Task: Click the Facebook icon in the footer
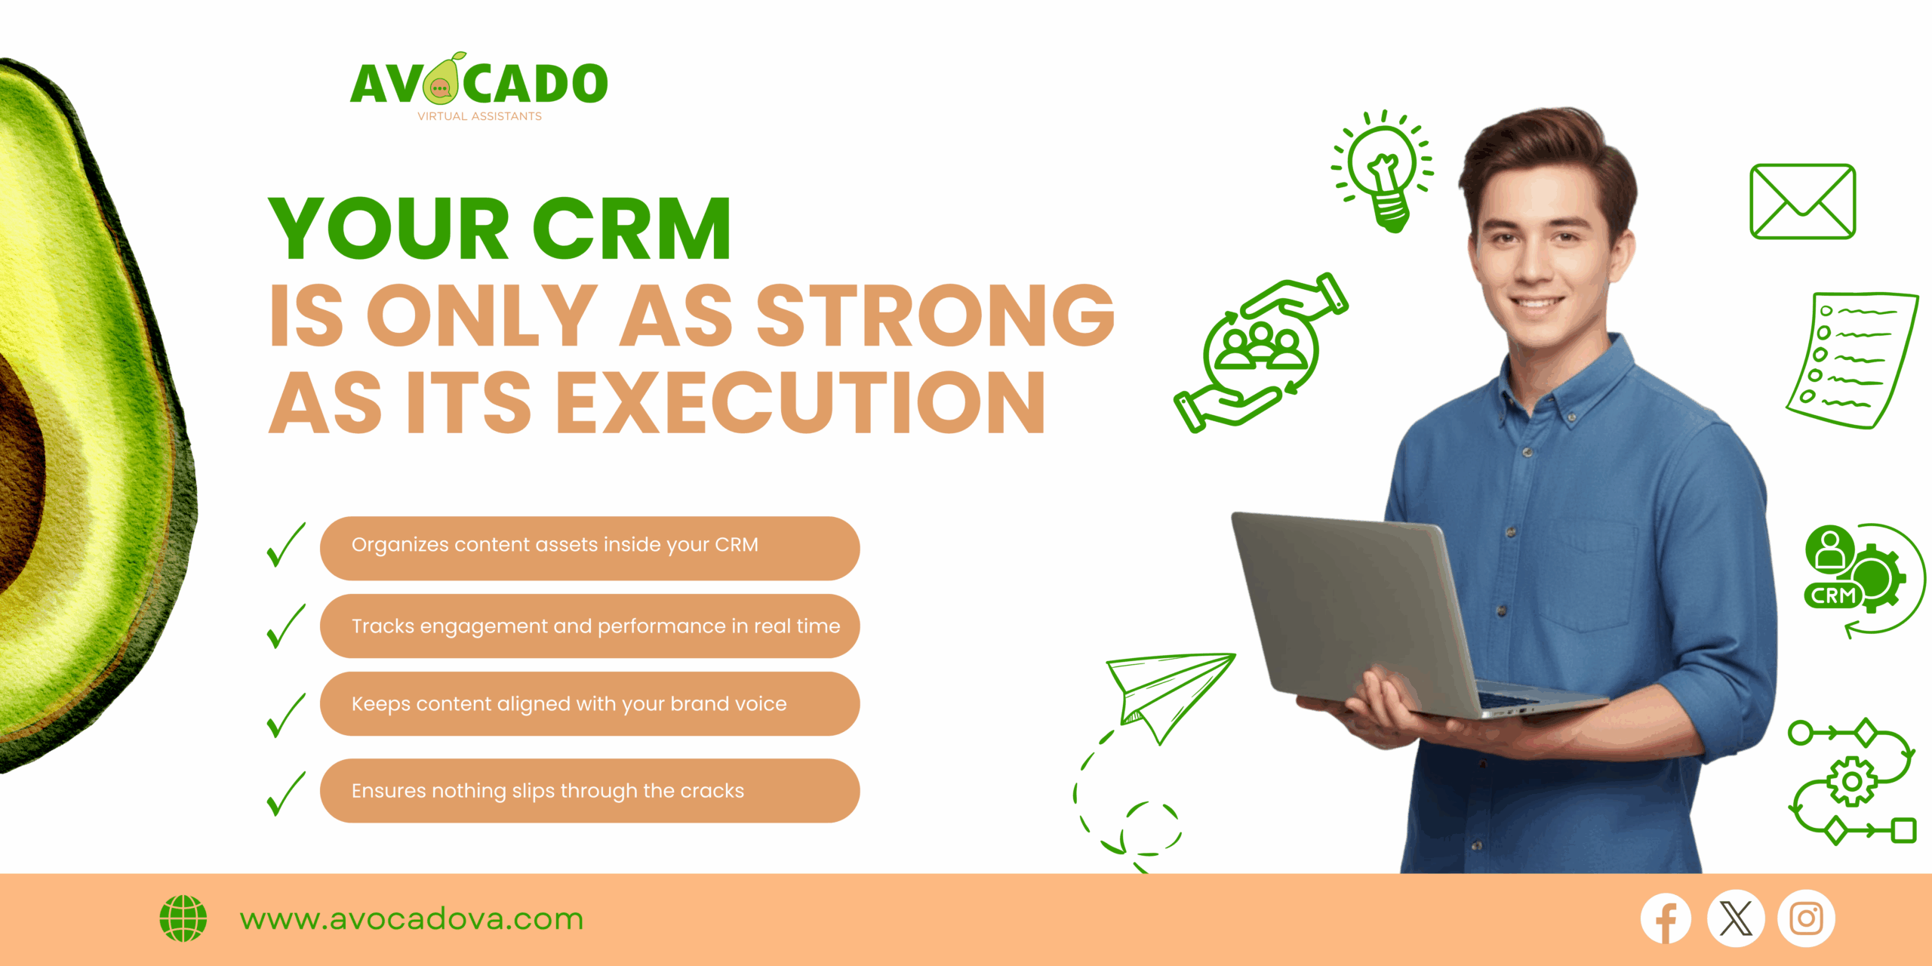coord(1666,918)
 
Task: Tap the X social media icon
coord(1736,918)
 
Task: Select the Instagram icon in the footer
coord(1806,918)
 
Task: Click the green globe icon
coord(183,918)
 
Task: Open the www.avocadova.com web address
coord(411,919)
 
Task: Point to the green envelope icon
coord(1802,202)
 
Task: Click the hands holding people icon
coord(1261,352)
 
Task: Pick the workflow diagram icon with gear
coord(1852,781)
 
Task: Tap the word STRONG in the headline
coord(936,315)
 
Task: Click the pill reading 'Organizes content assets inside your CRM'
coord(589,548)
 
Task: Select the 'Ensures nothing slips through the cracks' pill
coord(589,790)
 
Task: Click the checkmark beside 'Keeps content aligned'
coord(286,715)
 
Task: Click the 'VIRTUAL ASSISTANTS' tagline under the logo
coord(479,116)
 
